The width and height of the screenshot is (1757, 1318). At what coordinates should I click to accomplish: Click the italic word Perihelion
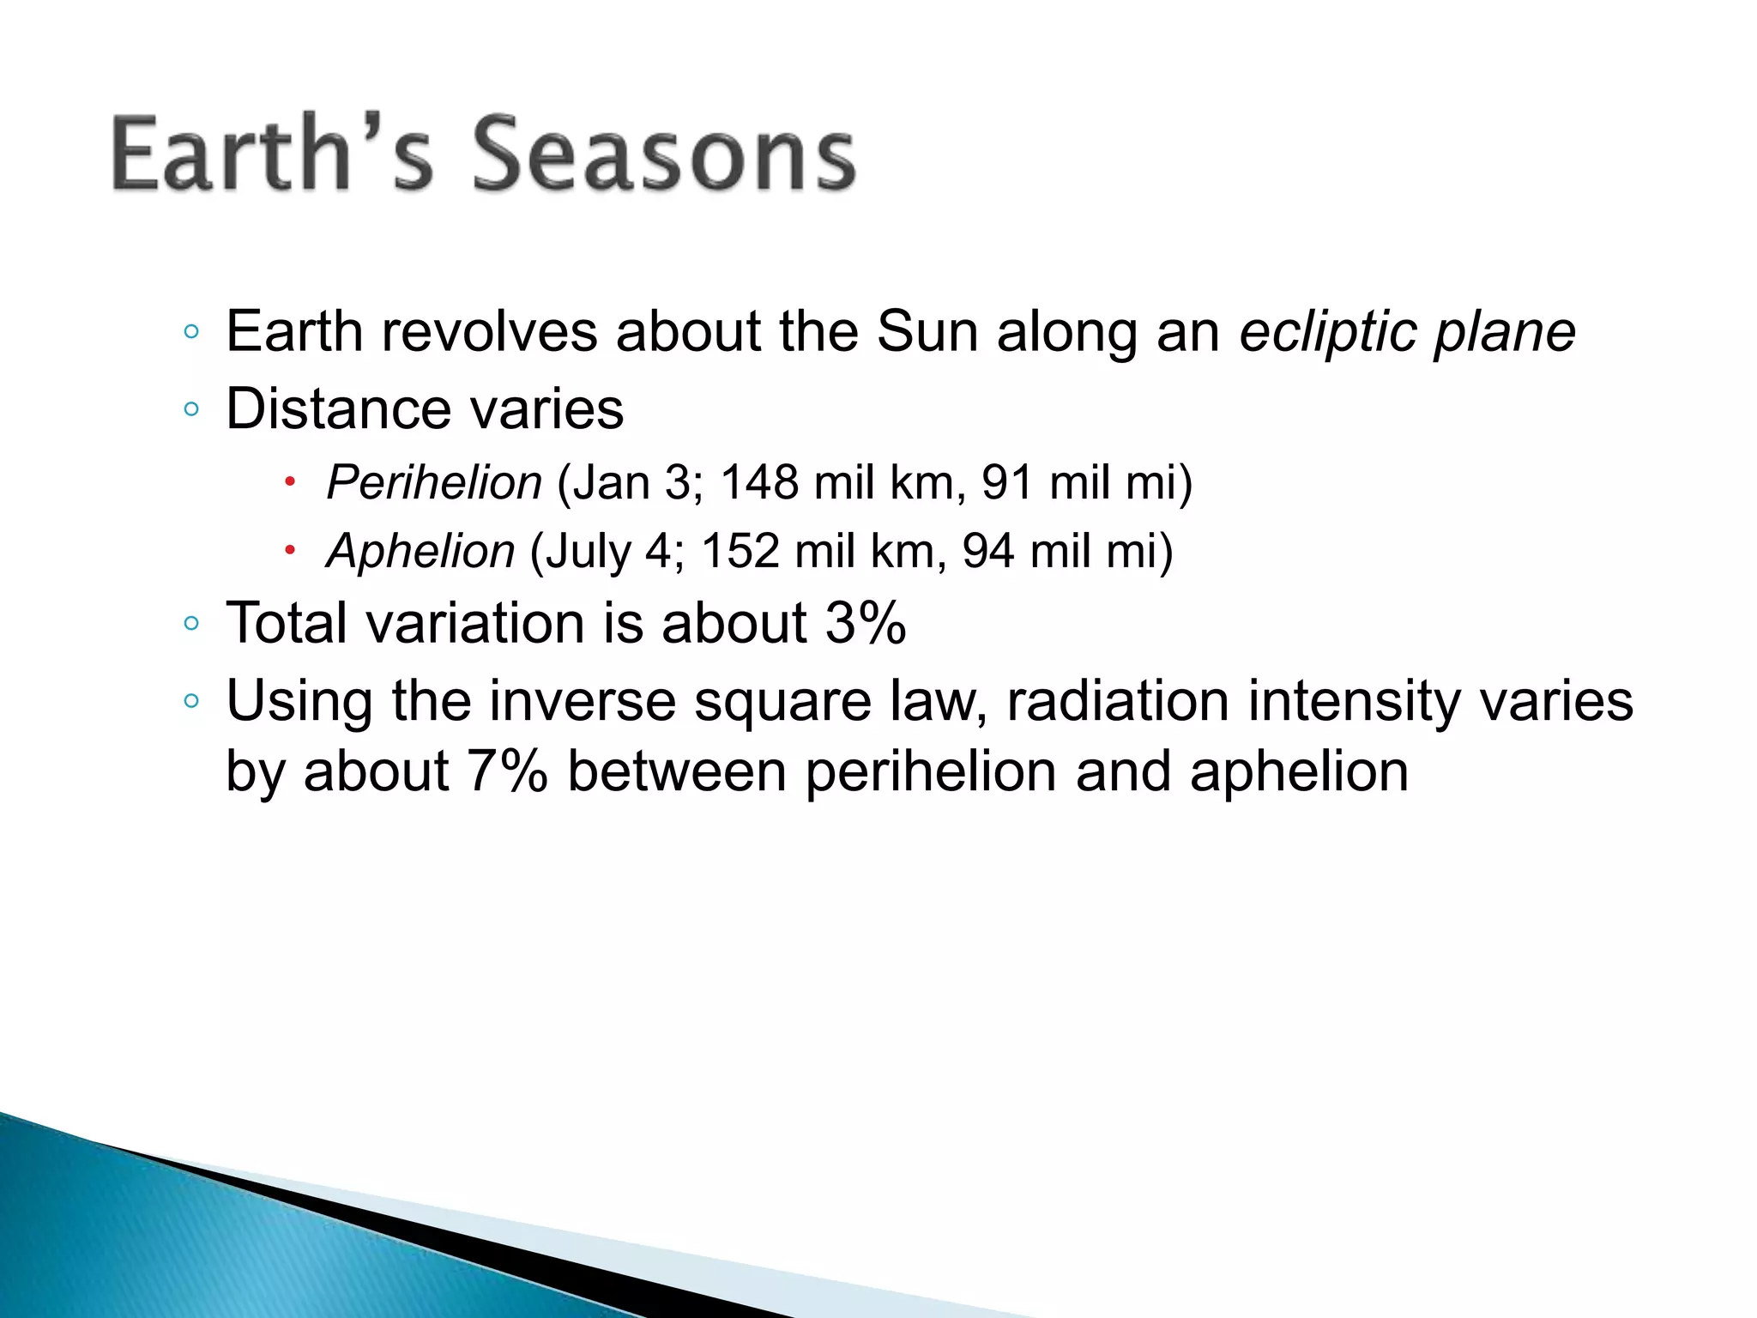click(434, 482)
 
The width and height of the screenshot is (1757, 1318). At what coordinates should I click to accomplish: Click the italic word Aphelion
click(420, 551)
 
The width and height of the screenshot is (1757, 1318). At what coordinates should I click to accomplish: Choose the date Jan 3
click(631, 482)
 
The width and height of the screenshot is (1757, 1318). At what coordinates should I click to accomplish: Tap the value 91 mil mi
click(1078, 482)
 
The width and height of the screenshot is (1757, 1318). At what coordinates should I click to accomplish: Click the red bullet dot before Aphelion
click(290, 549)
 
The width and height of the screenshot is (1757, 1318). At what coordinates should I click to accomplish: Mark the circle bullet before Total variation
click(191, 624)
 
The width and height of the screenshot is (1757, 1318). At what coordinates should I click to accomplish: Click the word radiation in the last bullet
click(1119, 701)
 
